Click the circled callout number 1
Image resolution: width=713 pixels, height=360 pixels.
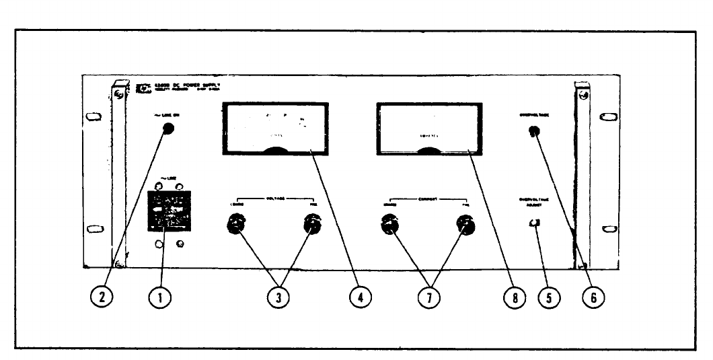(159, 296)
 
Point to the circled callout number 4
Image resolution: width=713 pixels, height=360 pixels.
(361, 296)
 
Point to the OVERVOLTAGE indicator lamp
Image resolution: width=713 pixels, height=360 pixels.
(535, 132)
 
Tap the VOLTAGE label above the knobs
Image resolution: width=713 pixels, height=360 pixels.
(274, 199)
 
